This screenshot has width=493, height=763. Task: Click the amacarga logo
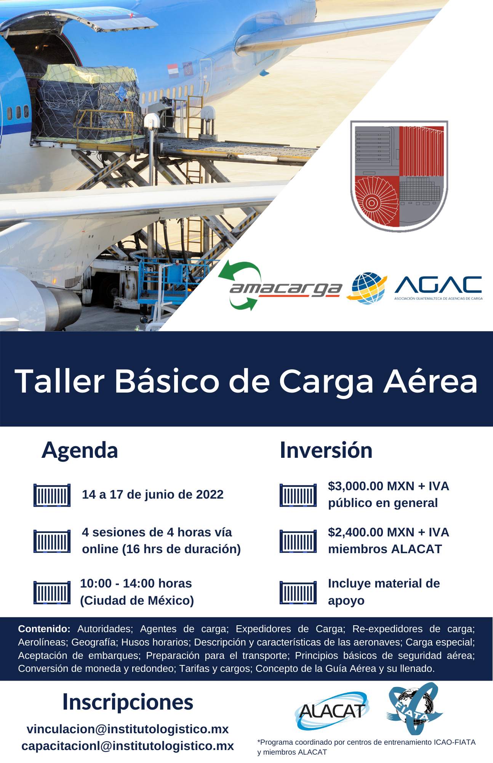(x=280, y=286)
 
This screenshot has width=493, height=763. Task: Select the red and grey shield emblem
(x=399, y=176)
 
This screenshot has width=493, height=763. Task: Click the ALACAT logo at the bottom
(x=331, y=711)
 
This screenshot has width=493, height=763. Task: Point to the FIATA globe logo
(x=415, y=708)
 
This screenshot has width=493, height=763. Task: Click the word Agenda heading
(x=80, y=451)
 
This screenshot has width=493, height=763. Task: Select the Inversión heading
(x=326, y=450)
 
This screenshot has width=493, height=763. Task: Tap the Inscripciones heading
(x=128, y=702)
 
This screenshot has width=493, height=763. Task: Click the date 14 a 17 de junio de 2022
(x=153, y=494)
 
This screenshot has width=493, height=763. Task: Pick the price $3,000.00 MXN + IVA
(x=389, y=486)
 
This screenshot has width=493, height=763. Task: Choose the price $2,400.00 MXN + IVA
(x=389, y=532)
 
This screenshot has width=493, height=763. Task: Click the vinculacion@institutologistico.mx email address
(x=128, y=729)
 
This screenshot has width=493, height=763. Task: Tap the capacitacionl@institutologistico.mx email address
(x=128, y=746)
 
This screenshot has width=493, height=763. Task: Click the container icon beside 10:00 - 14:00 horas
(x=52, y=592)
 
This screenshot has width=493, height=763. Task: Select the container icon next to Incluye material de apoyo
(x=298, y=592)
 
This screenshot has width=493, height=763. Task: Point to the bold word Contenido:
(x=44, y=629)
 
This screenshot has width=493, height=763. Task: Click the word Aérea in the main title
(x=431, y=381)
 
